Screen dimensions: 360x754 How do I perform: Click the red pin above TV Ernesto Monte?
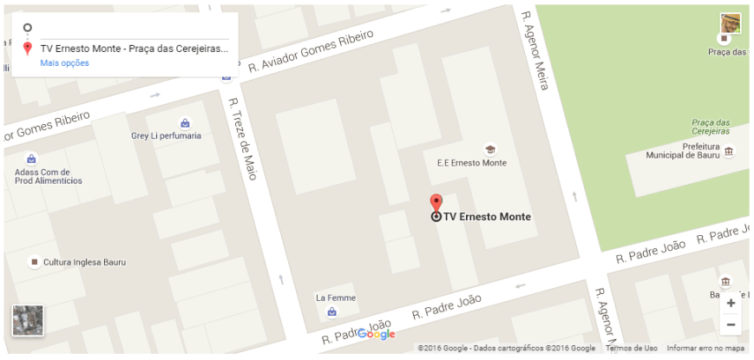pyautogui.click(x=436, y=203)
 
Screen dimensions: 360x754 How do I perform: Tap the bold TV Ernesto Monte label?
pyautogui.click(x=487, y=217)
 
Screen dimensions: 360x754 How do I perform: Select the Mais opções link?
pyautogui.click(x=64, y=62)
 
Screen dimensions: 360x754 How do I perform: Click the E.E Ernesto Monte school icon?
pyautogui.click(x=489, y=149)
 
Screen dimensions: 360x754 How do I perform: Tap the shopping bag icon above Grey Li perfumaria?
pyautogui.click(x=184, y=122)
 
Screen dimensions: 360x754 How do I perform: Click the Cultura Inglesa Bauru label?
pyautogui.click(x=84, y=262)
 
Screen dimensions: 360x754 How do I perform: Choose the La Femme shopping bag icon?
pyautogui.click(x=331, y=311)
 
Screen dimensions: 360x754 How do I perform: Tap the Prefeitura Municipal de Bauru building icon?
pyautogui.click(x=728, y=151)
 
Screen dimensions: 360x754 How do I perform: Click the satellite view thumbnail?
pyautogui.click(x=27, y=320)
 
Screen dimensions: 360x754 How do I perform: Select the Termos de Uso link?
pyautogui.click(x=632, y=349)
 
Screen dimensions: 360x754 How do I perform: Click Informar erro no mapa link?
pyautogui.click(x=705, y=349)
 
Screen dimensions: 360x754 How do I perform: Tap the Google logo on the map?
pyautogui.click(x=376, y=335)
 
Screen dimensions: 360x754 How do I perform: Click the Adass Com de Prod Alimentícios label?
pyautogui.click(x=48, y=176)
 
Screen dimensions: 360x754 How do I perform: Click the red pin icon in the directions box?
pyautogui.click(x=28, y=48)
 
